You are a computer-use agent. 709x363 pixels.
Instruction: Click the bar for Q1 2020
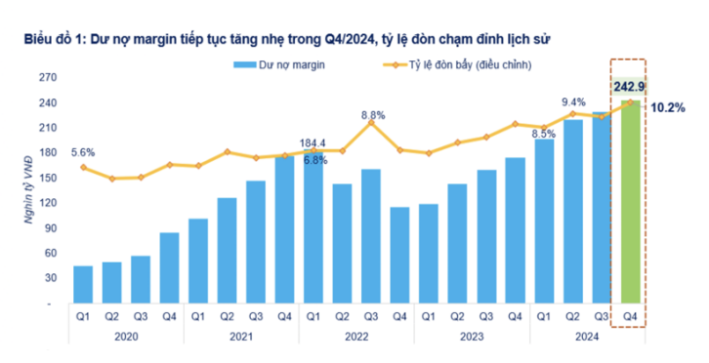tap(83, 284)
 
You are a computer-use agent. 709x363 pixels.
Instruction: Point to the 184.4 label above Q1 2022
tap(313, 143)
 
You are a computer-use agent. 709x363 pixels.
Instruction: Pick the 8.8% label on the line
tap(371, 115)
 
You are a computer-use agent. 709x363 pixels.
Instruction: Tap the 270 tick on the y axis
tap(46, 77)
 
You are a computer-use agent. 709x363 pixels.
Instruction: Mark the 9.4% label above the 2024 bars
tap(573, 101)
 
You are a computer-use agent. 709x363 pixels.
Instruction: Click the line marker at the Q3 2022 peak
tap(371, 122)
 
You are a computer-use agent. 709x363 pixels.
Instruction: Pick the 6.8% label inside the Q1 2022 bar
tap(314, 159)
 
